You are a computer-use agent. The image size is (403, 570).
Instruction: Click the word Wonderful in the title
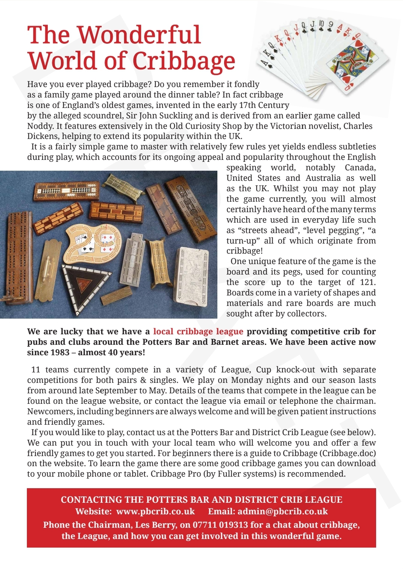[139, 35]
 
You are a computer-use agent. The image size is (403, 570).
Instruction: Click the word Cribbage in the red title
[184, 61]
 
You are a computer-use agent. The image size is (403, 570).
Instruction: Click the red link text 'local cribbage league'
[198, 331]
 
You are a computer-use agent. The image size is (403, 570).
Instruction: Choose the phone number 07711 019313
[220, 525]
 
